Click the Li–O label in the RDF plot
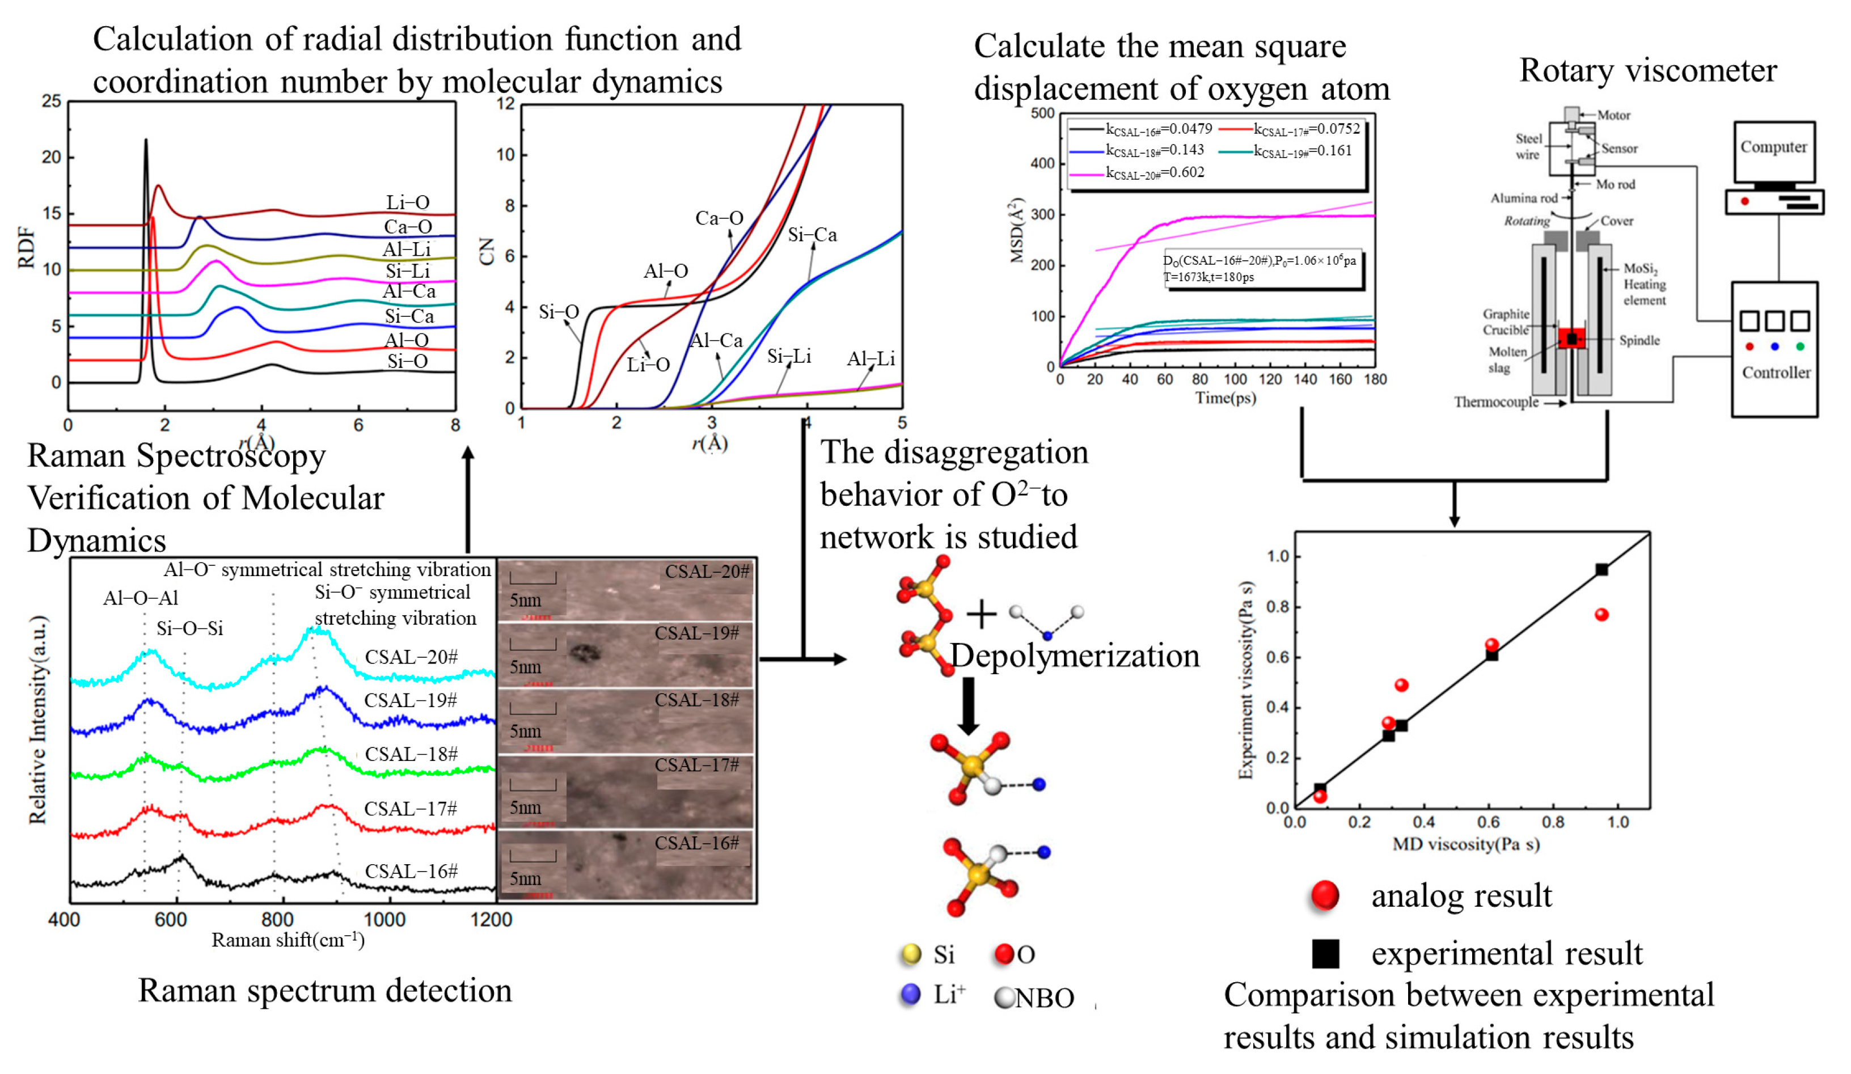pos(408,202)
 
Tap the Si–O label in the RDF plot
pos(408,361)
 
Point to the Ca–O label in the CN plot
pos(719,218)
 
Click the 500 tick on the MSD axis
pos(1042,113)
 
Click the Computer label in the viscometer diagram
pos(1773,147)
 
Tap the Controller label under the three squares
pos(1776,373)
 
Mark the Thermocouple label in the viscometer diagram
pos(1495,402)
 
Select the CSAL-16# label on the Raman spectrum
pos(411,871)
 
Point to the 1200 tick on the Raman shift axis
pos(491,919)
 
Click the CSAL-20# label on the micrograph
pos(707,572)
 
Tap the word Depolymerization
pos(1074,656)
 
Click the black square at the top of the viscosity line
pos(1601,569)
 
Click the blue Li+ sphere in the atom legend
pos(910,995)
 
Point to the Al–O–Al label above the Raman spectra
pos(140,598)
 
